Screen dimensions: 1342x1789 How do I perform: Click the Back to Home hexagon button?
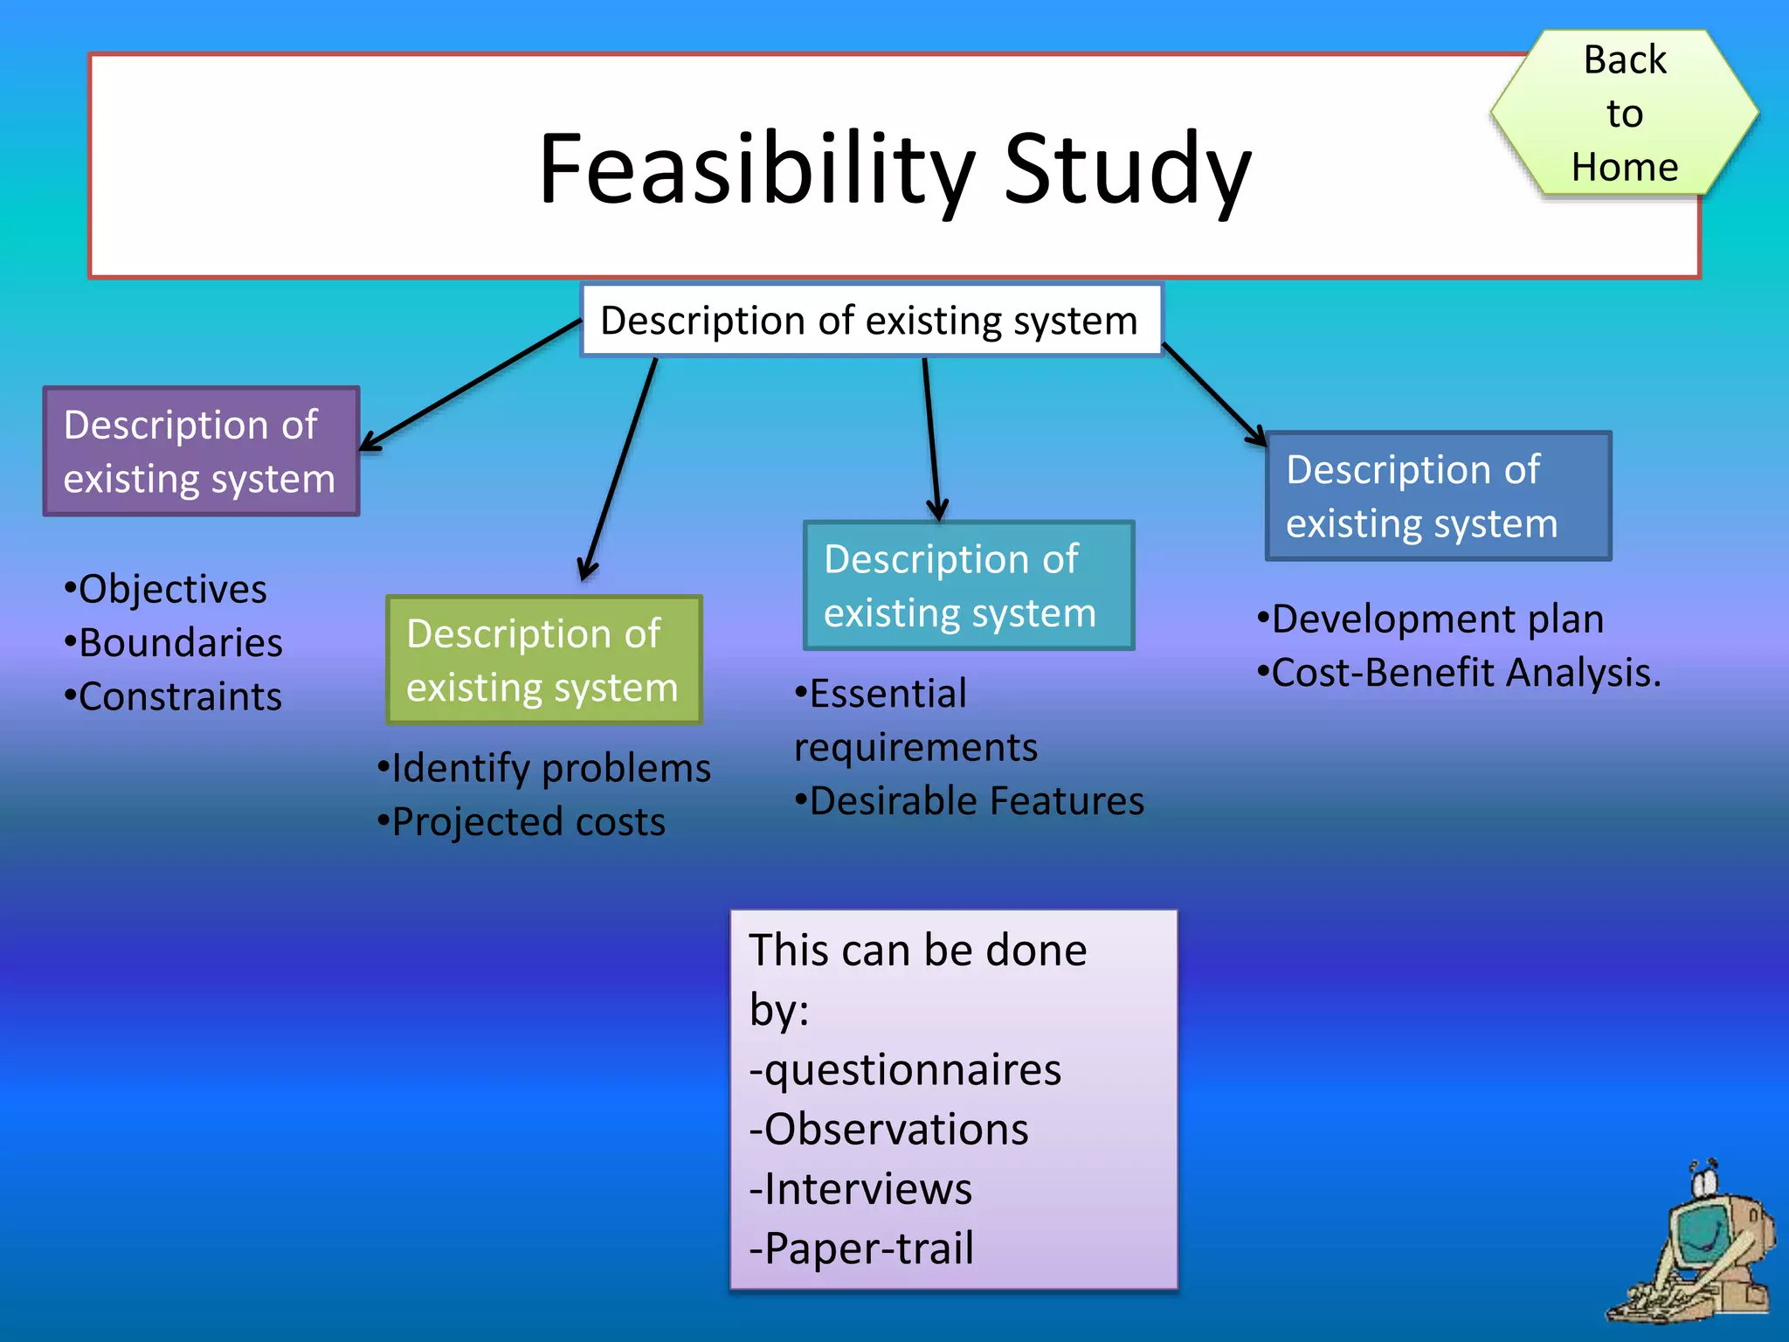[x=1624, y=113]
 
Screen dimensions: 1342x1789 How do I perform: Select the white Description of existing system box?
[x=870, y=321]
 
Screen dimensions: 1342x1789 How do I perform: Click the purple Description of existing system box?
[x=201, y=452]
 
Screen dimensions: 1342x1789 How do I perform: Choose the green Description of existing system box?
[x=543, y=661]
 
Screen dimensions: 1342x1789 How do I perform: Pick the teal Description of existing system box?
[x=968, y=585]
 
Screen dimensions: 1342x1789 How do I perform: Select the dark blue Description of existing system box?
[x=1438, y=496]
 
